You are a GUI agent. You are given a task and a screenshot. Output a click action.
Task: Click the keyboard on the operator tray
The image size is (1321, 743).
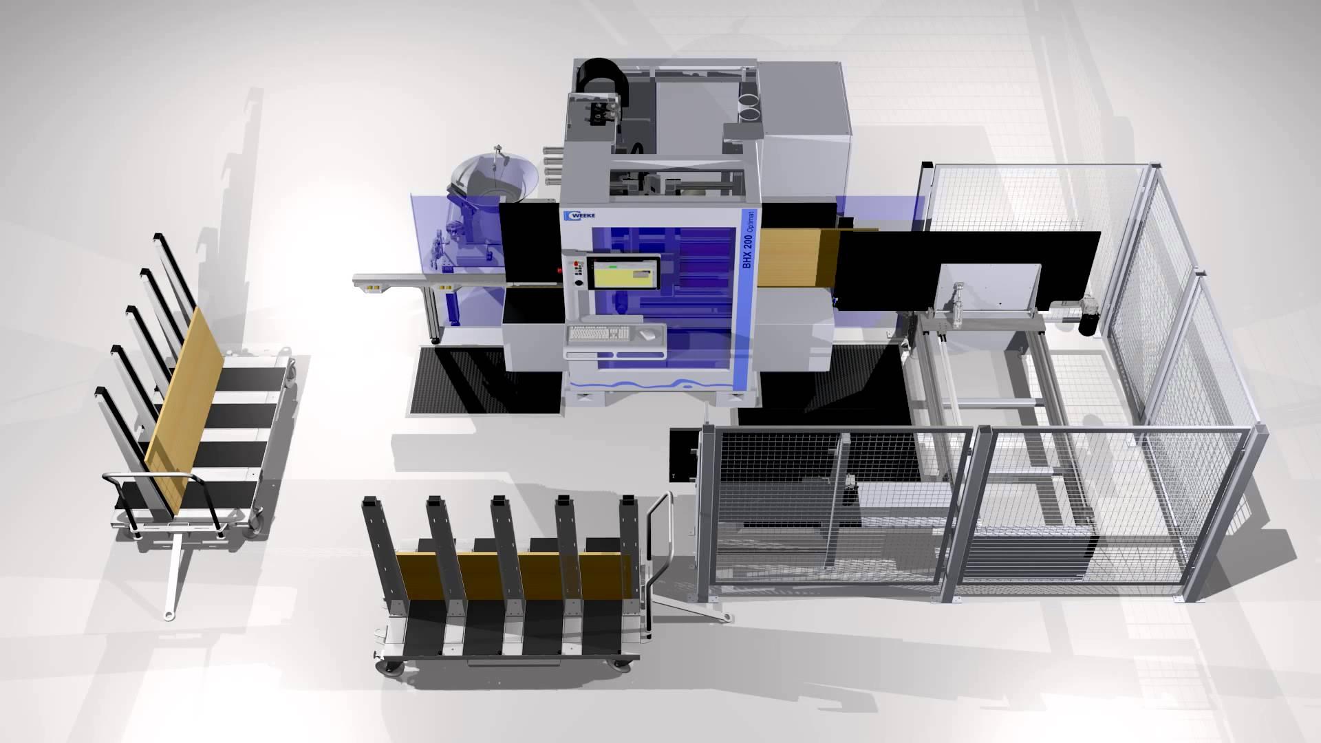pyautogui.click(x=599, y=334)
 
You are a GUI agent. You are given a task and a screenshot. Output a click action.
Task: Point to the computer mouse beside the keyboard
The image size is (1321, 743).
pyautogui.click(x=646, y=334)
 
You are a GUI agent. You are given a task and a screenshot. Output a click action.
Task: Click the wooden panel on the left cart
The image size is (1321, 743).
pyautogui.click(x=184, y=410)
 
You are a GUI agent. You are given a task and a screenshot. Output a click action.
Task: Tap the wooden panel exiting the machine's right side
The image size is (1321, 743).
pyautogui.click(x=800, y=257)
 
